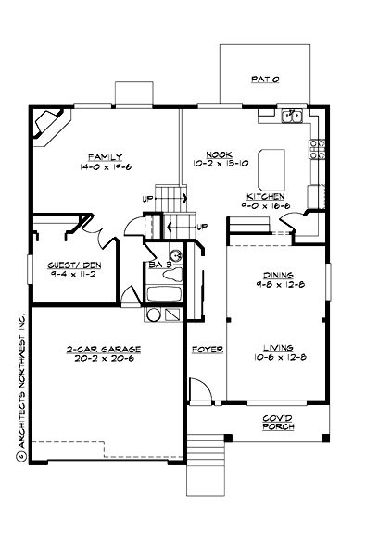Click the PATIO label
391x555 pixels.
click(264, 80)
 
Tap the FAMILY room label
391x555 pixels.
click(105, 156)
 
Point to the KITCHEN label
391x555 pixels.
click(265, 197)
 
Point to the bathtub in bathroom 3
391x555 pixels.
click(165, 296)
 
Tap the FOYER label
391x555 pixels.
click(204, 350)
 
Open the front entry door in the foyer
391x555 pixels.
click(196, 391)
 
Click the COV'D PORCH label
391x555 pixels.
click(278, 423)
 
